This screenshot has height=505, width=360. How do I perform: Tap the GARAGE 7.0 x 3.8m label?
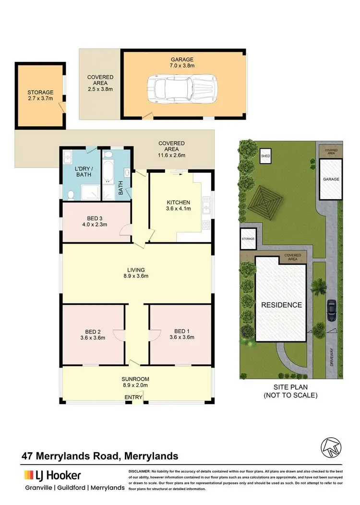pos(184,63)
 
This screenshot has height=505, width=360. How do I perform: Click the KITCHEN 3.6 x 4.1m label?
pos(179,205)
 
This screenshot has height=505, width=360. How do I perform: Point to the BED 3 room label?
pos(97,220)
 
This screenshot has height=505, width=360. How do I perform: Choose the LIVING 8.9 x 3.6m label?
pos(136,273)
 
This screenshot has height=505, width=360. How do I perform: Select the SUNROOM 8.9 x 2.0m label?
pos(135,382)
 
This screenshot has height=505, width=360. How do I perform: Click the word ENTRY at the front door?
pos(133,397)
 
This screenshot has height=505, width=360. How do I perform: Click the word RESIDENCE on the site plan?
pos(281,305)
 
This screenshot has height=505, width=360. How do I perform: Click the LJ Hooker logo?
pos(52,475)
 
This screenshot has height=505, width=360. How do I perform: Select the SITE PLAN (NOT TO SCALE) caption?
pos(290,392)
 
